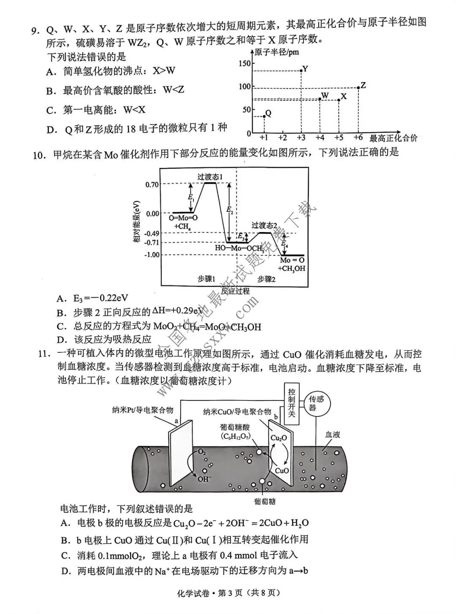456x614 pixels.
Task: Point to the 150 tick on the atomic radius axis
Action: (244, 64)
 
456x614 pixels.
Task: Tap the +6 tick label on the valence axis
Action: (358, 138)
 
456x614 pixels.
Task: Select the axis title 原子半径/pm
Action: (277, 52)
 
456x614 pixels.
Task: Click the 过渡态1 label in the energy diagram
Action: (210, 176)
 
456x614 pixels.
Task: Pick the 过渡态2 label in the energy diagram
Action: (264, 226)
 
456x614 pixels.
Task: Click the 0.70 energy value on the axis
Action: (152, 184)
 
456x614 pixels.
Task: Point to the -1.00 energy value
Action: (152, 255)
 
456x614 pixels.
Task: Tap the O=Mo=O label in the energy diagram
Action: (183, 219)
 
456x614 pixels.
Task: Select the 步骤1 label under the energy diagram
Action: (206, 279)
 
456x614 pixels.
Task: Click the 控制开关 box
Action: (292, 403)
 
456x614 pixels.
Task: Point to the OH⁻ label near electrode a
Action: (204, 479)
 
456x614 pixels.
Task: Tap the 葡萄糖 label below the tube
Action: (265, 501)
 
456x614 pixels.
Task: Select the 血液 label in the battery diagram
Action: (332, 435)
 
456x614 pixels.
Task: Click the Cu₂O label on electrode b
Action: (279, 438)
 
